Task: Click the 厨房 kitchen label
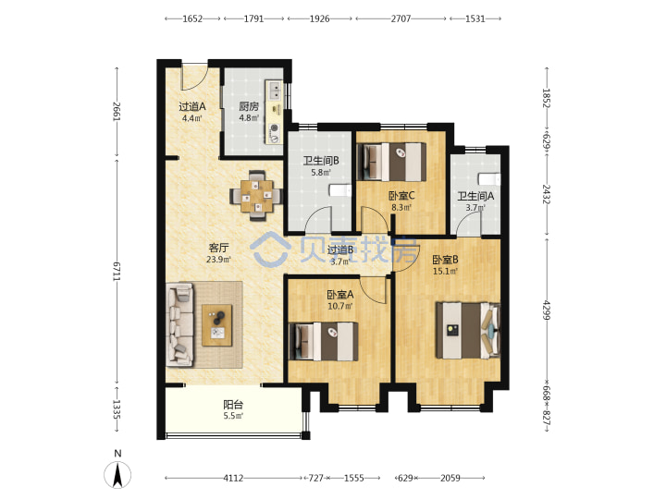[x=249, y=106]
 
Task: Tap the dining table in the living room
[x=256, y=196]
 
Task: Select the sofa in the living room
[x=180, y=324]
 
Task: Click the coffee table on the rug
[x=217, y=325]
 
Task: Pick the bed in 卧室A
[x=324, y=342]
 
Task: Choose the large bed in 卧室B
[x=468, y=331]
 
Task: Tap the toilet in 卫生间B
[x=340, y=190]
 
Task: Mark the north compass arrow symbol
[x=117, y=474]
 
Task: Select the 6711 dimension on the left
[x=117, y=271]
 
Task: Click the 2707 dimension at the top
[x=401, y=18]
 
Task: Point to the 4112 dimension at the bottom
[x=233, y=479]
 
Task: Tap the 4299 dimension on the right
[x=547, y=310]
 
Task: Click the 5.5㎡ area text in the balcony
[x=233, y=416]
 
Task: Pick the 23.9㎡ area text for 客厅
[x=218, y=260]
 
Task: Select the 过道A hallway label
[x=192, y=106]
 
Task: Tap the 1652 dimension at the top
[x=192, y=18]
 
